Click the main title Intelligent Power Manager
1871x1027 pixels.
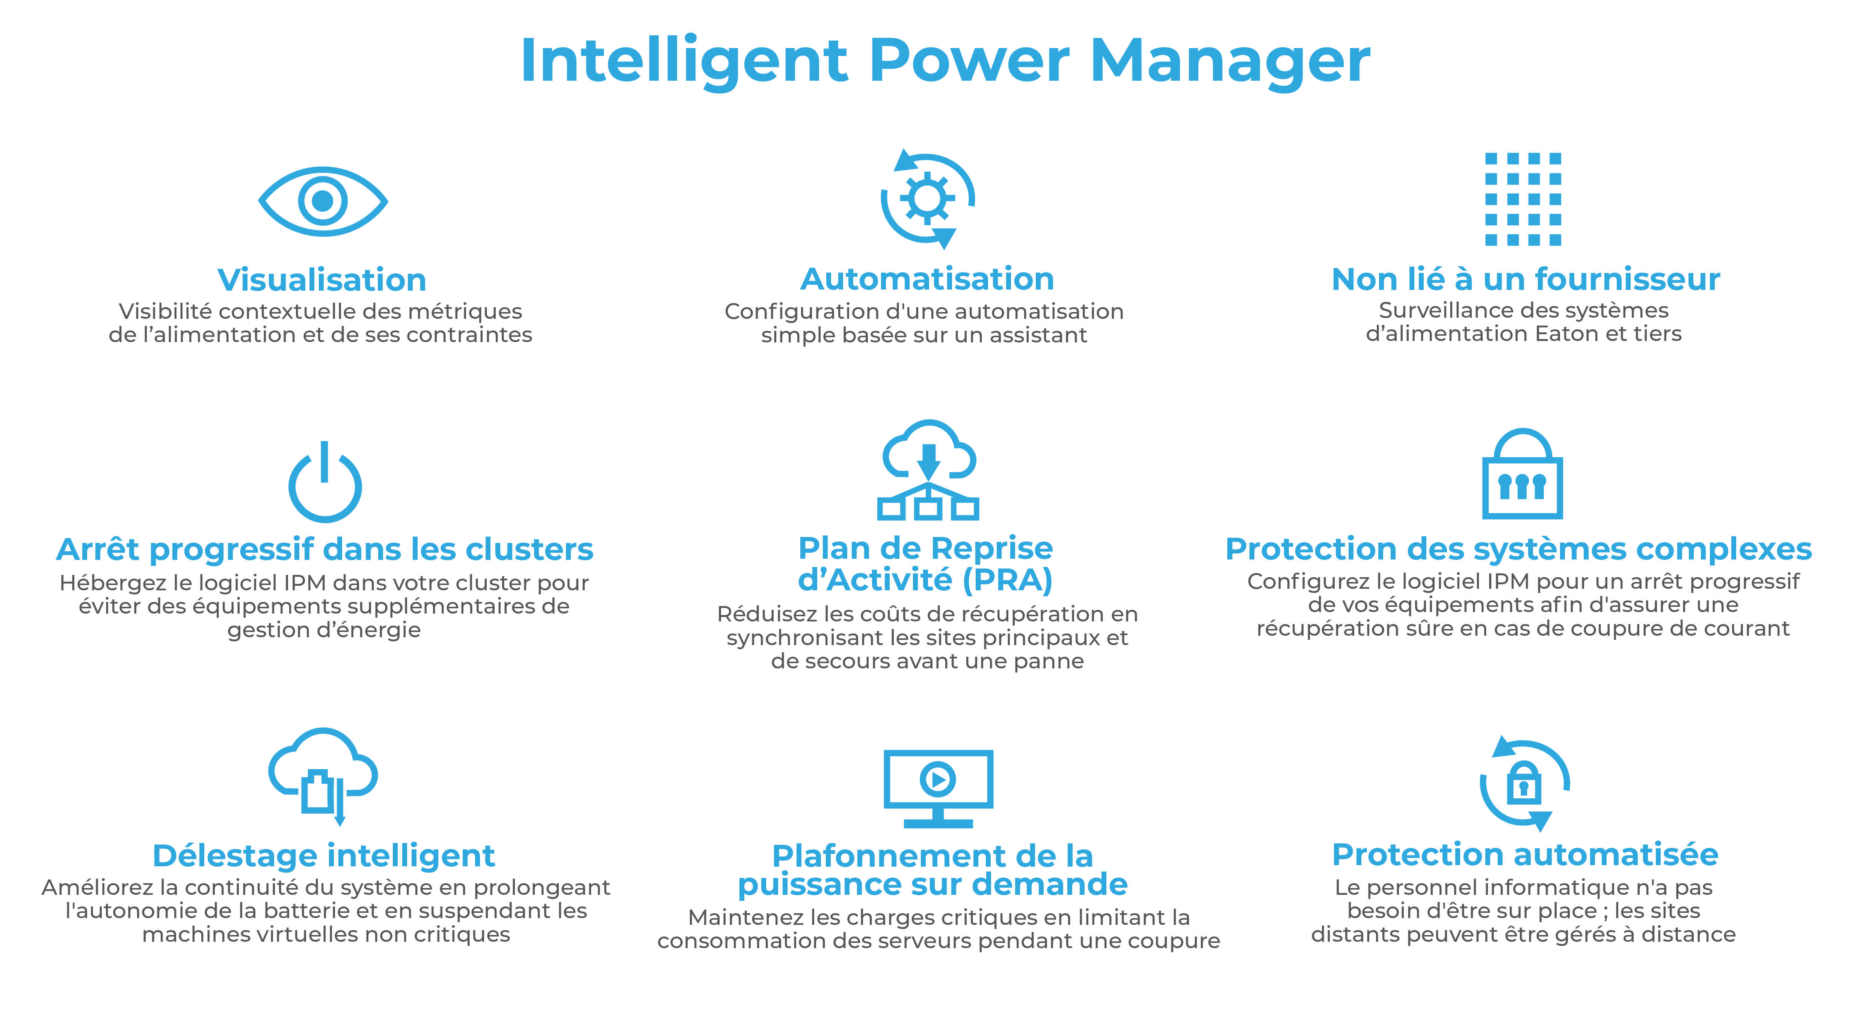click(x=945, y=62)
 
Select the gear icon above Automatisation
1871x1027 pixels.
click(x=928, y=198)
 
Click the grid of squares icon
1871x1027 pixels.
click(x=1523, y=199)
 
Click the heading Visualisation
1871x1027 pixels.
click(x=322, y=280)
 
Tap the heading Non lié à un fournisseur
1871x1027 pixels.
click(x=1525, y=279)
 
